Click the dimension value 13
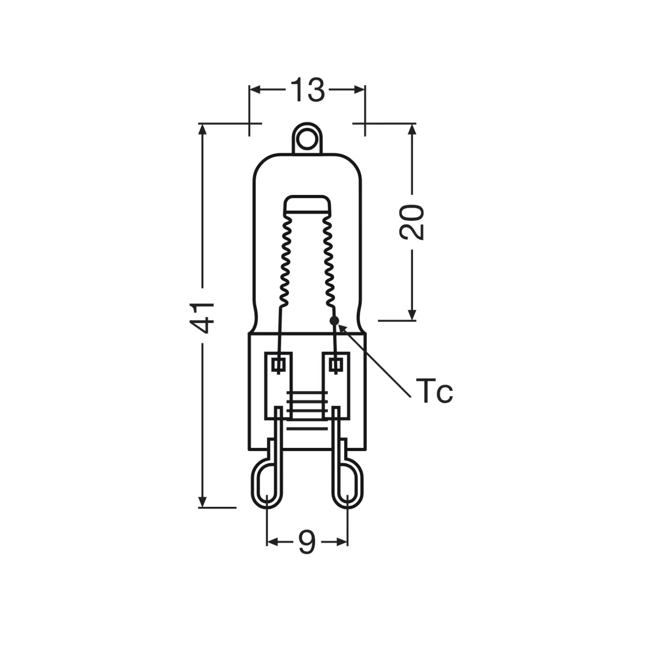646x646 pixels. click(x=307, y=90)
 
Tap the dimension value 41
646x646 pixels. click(x=202, y=317)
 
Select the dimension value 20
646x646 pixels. click(x=412, y=222)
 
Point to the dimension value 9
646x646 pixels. click(x=307, y=541)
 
